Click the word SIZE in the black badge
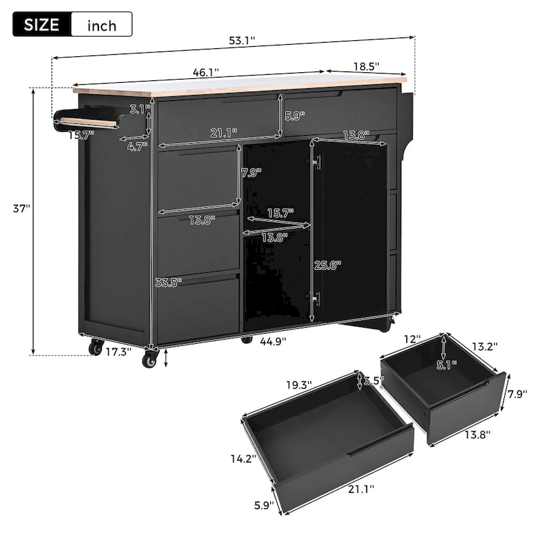click(41, 25)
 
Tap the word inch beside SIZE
click(101, 26)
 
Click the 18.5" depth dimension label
click(365, 66)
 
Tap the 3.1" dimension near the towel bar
click(139, 108)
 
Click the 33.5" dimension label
click(168, 282)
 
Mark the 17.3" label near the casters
click(118, 350)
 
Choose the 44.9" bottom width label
click(272, 341)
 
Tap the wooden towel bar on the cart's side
click(87, 122)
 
